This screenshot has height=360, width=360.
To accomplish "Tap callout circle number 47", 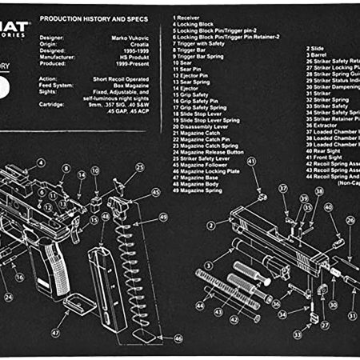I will (x=56, y=332).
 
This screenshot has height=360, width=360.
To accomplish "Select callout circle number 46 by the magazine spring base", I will (x=178, y=338).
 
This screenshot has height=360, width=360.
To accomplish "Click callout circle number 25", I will (x=139, y=167).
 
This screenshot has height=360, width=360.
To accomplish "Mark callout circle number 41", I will (x=251, y=161).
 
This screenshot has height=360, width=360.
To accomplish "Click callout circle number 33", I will (x=296, y=334).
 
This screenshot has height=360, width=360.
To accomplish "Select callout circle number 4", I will (x=41, y=162).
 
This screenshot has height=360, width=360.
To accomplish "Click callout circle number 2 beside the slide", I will (x=211, y=225).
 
